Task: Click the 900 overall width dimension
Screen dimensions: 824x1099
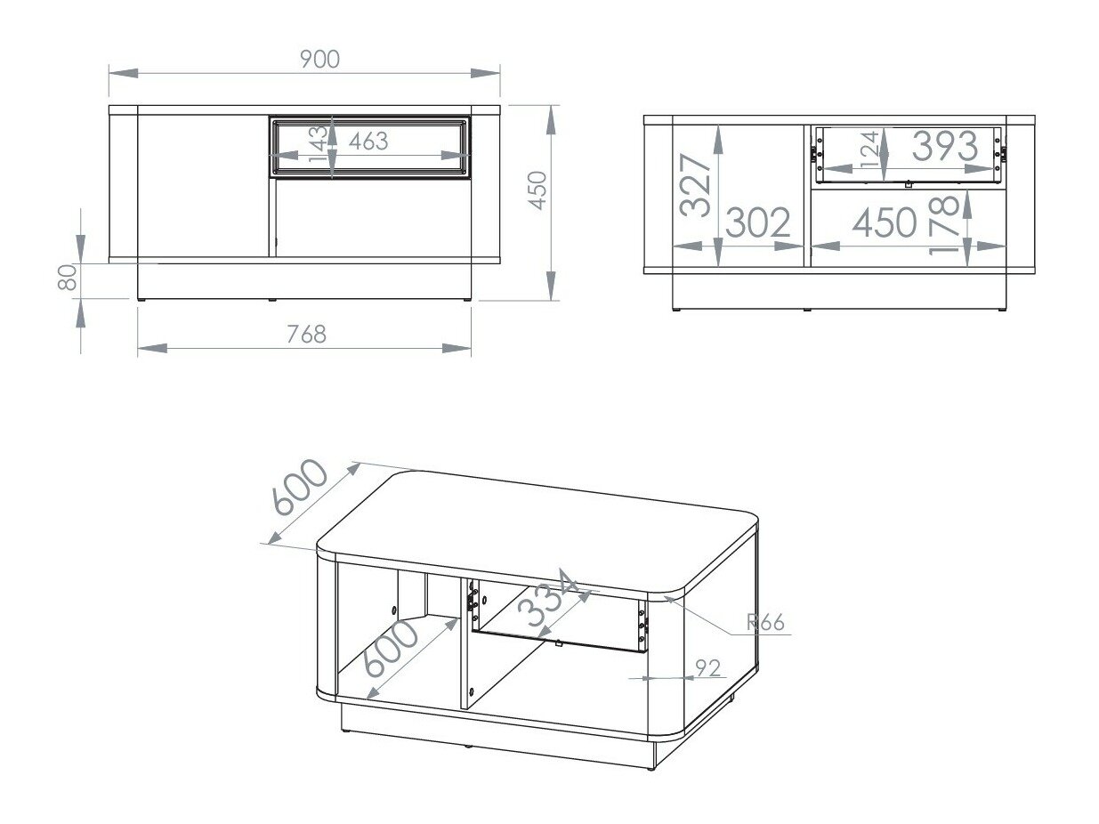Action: tap(319, 59)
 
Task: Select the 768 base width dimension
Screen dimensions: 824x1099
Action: tap(306, 334)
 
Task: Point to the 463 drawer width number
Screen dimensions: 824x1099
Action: tap(368, 141)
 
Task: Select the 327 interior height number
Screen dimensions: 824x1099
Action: tap(696, 185)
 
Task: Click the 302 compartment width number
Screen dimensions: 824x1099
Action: tap(758, 223)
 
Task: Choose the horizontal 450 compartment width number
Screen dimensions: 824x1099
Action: tap(884, 223)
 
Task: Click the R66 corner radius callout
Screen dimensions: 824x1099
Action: tap(766, 622)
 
